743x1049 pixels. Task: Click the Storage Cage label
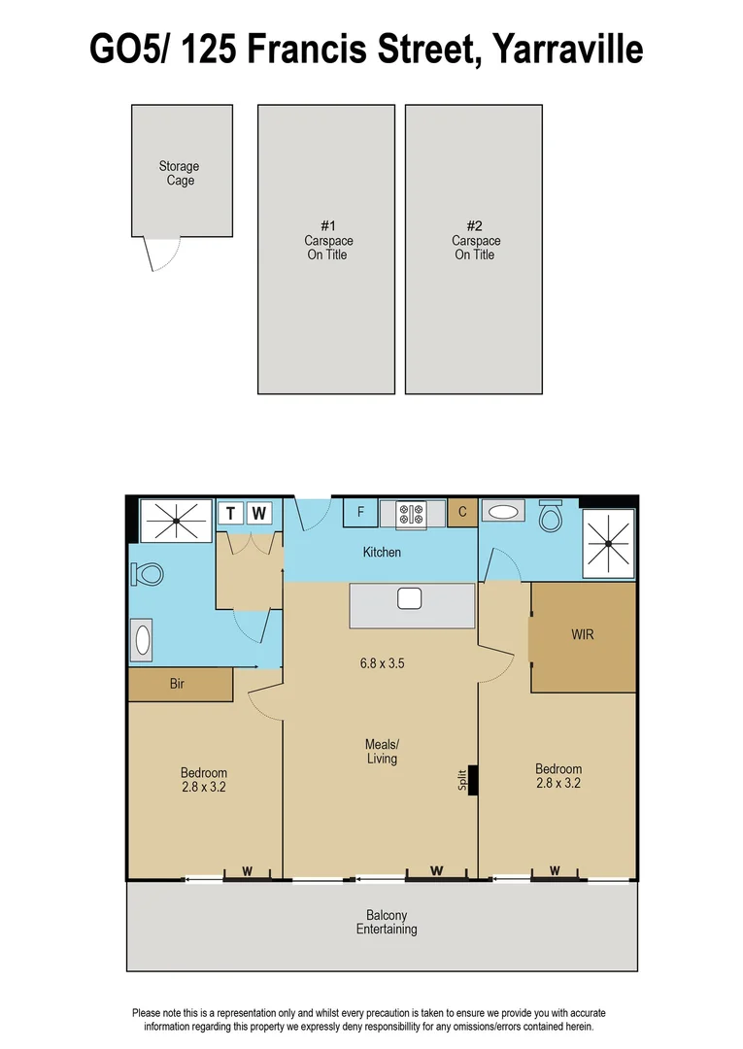(x=180, y=173)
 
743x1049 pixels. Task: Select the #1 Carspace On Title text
(x=326, y=240)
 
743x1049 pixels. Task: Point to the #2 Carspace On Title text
(x=475, y=240)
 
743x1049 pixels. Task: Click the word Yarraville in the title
(x=567, y=49)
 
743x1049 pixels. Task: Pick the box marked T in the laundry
(x=231, y=513)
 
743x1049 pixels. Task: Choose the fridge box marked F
(x=361, y=513)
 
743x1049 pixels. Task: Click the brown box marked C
(x=463, y=513)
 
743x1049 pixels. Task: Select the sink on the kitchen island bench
(x=409, y=598)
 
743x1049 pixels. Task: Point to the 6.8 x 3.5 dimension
(x=382, y=664)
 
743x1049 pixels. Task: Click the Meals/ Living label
(x=382, y=751)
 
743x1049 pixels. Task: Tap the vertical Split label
(x=463, y=780)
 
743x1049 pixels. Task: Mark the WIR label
(x=583, y=635)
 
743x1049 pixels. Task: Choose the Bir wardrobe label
(x=177, y=684)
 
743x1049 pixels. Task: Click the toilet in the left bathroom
(x=147, y=574)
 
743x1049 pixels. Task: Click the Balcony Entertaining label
(x=387, y=922)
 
